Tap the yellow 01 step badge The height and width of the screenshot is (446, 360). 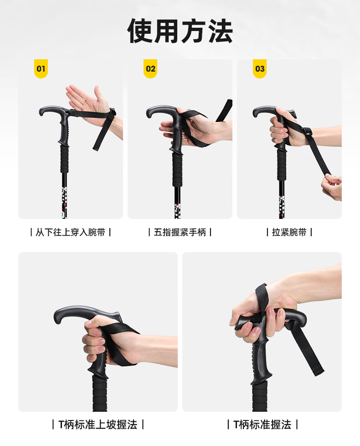(41, 68)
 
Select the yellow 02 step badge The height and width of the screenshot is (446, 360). (150, 68)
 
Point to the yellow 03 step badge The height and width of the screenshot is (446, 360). (260, 68)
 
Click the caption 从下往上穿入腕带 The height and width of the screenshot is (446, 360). (71, 233)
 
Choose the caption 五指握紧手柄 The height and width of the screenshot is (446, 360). (180, 233)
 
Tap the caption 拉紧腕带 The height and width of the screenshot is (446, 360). (289, 233)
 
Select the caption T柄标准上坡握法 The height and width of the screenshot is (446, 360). (98, 425)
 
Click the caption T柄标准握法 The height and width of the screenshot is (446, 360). (262, 425)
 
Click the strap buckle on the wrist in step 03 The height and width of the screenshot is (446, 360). (307, 132)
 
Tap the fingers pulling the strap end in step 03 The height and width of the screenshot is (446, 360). (331, 187)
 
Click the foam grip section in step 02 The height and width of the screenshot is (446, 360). (177, 170)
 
